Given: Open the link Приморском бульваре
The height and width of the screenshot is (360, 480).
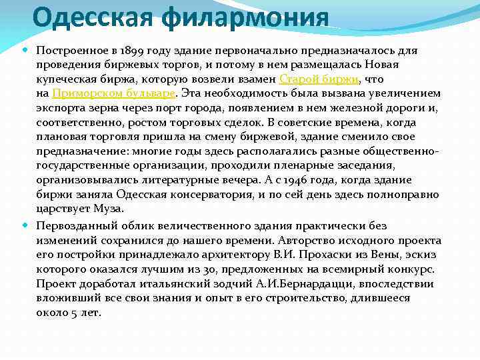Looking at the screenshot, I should pos(113,93).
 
